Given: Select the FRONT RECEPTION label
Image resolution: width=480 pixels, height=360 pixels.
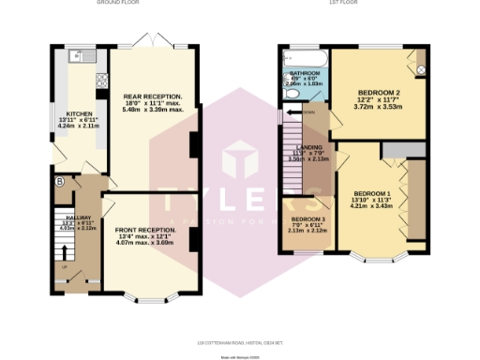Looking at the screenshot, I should pos(145,230).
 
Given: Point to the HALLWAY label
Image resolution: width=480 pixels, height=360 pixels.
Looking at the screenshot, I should pos(64,216).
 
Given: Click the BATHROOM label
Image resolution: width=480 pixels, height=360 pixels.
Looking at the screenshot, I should pos(303,72).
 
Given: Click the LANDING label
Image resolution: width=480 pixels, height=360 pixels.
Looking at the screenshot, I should pos(308,148).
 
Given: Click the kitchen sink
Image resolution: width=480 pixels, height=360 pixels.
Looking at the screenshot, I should pos(82,55).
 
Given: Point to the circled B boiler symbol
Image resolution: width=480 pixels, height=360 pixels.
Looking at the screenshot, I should pos(59,181).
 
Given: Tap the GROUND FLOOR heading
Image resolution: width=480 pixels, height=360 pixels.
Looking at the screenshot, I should pos(118,3).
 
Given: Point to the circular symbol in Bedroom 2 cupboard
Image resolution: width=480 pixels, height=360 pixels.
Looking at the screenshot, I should pos(420,69).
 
